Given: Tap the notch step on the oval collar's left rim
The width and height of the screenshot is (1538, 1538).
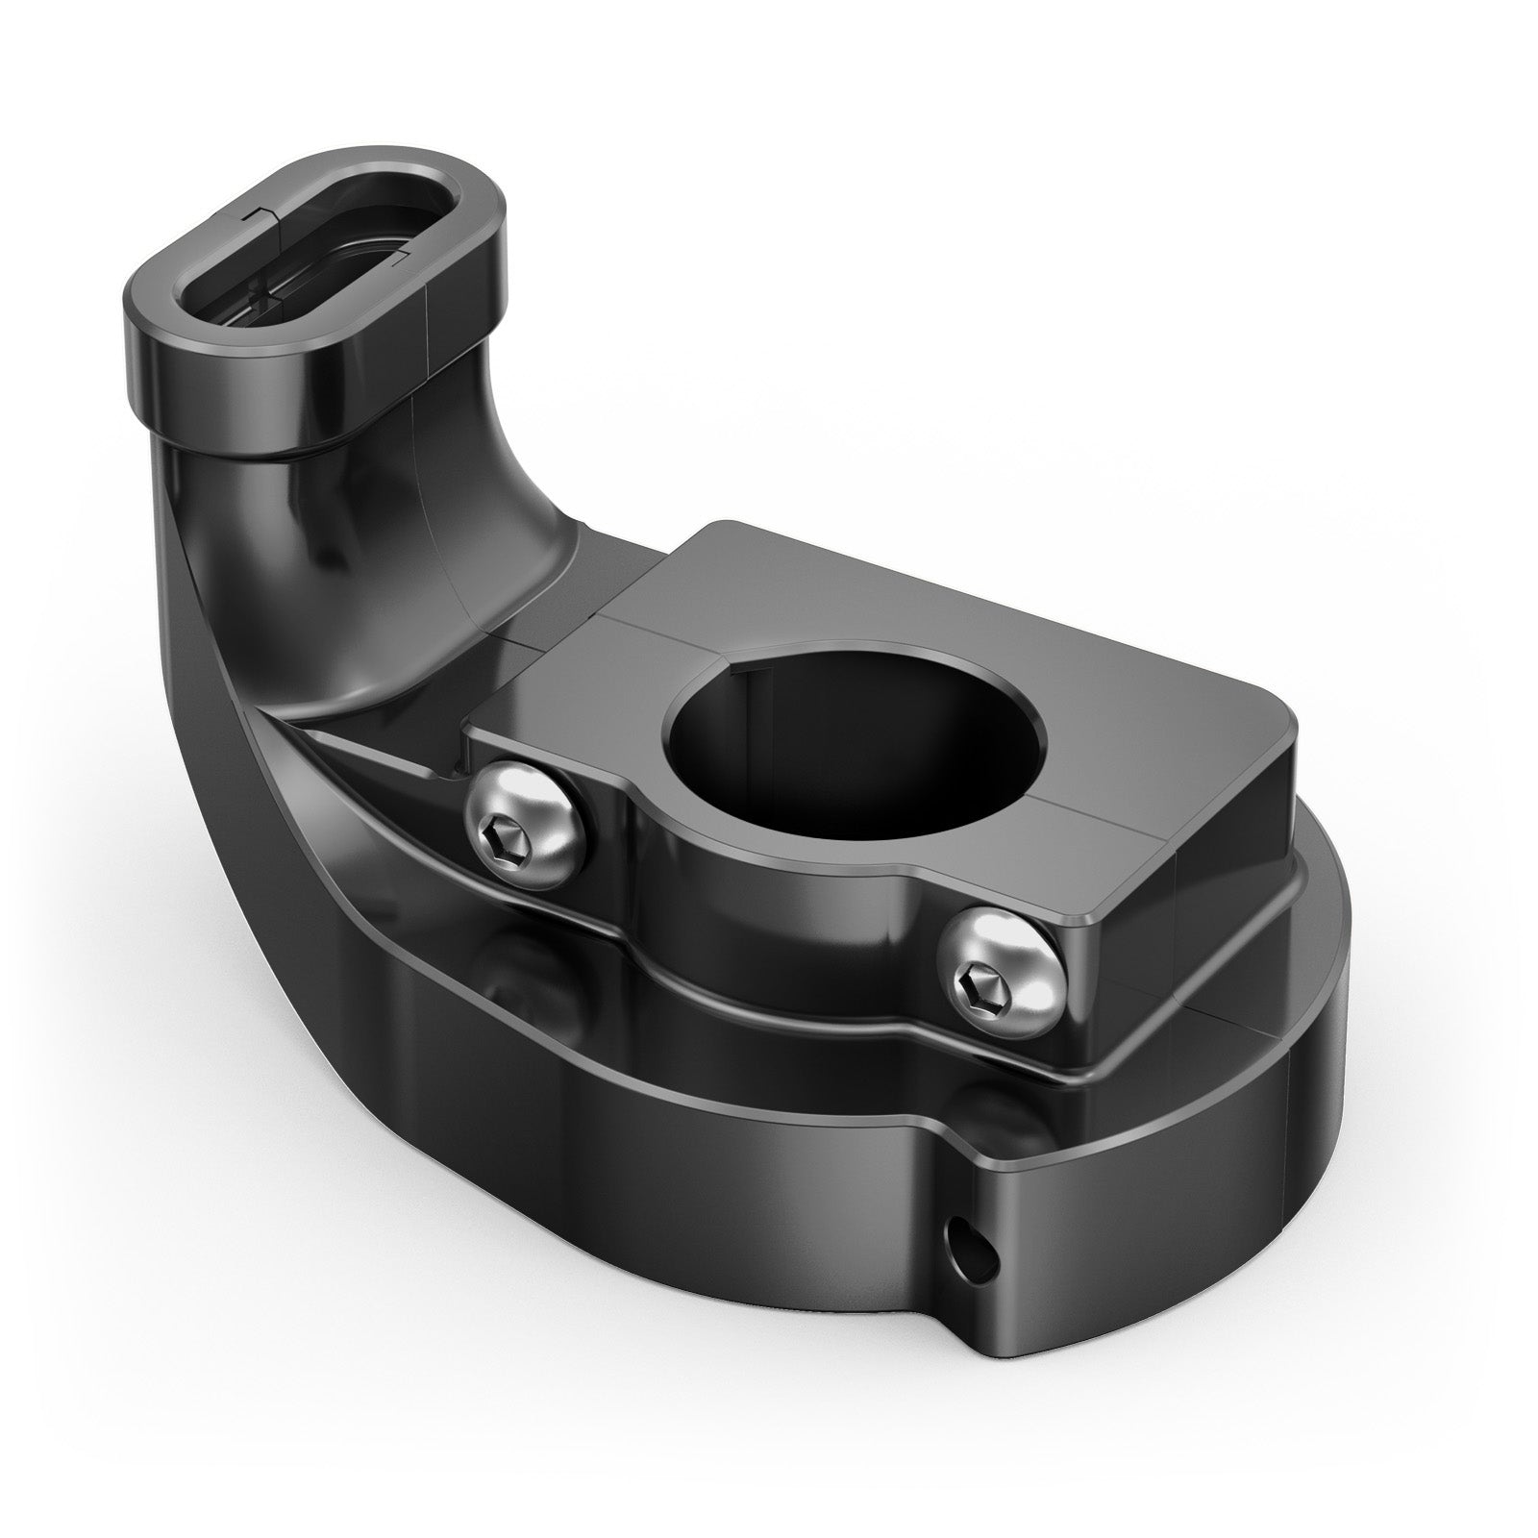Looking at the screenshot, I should [x=252, y=213].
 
